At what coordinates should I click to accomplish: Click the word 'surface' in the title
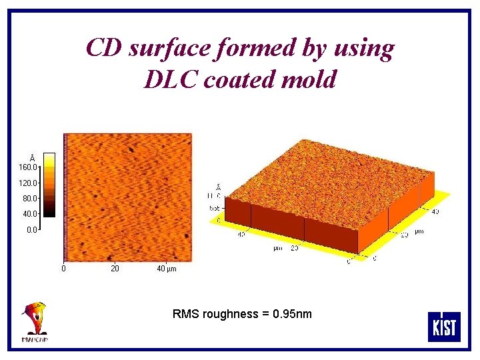click(157, 48)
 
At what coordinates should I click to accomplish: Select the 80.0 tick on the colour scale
click(29, 198)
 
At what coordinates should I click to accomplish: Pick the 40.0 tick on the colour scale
click(29, 214)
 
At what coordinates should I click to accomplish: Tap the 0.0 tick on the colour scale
click(31, 230)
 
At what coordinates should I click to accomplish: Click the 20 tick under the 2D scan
click(115, 269)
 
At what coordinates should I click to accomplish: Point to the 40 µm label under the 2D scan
click(166, 269)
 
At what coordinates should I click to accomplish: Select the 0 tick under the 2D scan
click(63, 269)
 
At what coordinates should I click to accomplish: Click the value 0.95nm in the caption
click(291, 314)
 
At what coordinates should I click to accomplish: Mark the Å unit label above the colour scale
click(32, 157)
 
